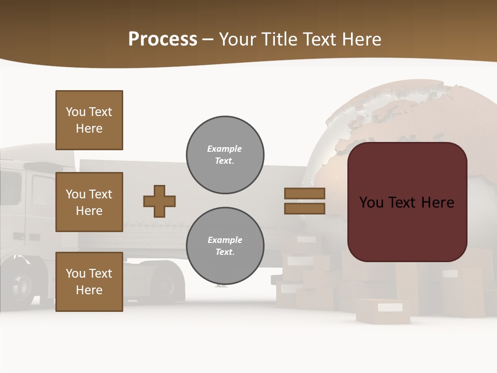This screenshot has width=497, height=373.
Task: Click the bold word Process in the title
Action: click(163, 39)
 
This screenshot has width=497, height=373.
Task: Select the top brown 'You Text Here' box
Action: click(89, 120)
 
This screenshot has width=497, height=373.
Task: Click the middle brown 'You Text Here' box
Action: click(89, 202)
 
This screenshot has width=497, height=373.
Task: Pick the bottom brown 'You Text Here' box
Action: click(89, 281)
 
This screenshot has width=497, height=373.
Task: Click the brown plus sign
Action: click(159, 201)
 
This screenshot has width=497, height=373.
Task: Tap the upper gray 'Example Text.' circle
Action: click(225, 155)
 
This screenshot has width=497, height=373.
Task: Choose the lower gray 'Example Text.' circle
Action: click(225, 246)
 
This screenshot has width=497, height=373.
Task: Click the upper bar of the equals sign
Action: click(304, 193)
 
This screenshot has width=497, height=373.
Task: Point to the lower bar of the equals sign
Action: click(304, 208)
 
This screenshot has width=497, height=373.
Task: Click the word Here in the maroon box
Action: click(437, 202)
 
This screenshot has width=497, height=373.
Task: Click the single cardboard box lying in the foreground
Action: click(383, 311)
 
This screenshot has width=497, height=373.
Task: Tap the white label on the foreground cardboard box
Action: click(390, 308)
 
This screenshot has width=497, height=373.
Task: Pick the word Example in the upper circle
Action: click(224, 149)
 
